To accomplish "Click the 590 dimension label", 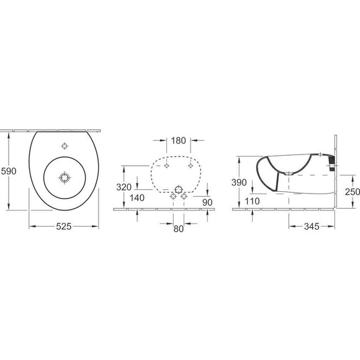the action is pyautogui.click(x=9, y=171).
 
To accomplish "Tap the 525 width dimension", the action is pyautogui.click(x=64, y=227).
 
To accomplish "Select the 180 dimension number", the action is pyautogui.click(x=178, y=140).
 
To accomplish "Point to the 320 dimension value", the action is pyautogui.click(x=124, y=187).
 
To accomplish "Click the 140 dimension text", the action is pyautogui.click(x=137, y=198).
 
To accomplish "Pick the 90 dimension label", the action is pyautogui.click(x=207, y=202).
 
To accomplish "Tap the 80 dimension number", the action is pyautogui.click(x=178, y=229).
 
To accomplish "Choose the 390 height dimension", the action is pyautogui.click(x=239, y=182).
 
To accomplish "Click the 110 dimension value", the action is pyautogui.click(x=252, y=201).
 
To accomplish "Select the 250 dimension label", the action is pyautogui.click(x=353, y=192).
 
